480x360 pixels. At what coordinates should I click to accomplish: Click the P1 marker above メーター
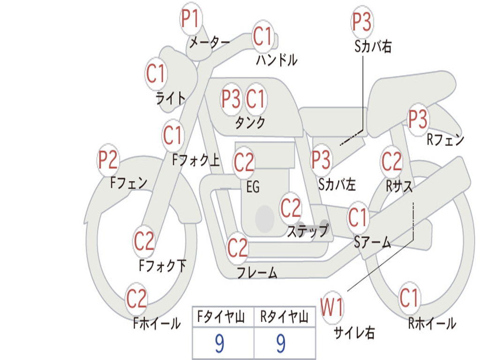pyautogui.click(x=191, y=18)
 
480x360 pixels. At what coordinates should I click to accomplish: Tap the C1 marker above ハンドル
pyautogui.click(x=262, y=36)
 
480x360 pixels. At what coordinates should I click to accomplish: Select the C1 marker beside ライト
pyautogui.click(x=156, y=74)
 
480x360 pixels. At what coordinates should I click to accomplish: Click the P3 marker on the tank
pyautogui.click(x=231, y=99)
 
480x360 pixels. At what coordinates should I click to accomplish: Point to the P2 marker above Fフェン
pyautogui.click(x=108, y=160)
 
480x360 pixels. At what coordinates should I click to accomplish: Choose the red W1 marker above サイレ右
pyautogui.click(x=332, y=307)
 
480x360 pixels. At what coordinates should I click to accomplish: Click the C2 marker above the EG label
pyautogui.click(x=244, y=162)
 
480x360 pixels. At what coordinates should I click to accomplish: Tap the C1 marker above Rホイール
pyautogui.click(x=409, y=298)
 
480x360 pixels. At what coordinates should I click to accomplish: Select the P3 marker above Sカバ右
pyautogui.click(x=362, y=22)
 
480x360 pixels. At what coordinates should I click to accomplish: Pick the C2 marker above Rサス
pyautogui.click(x=391, y=162)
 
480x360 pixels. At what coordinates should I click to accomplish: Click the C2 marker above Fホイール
pyautogui.click(x=136, y=299)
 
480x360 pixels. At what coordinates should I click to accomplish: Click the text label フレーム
pyautogui.click(x=257, y=272)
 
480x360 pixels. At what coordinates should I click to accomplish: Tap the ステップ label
pyautogui.click(x=308, y=231)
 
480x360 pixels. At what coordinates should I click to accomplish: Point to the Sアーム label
pyautogui.click(x=373, y=242)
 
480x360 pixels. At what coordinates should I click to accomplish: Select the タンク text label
pyautogui.click(x=250, y=122)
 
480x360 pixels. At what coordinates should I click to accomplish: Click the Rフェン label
pyautogui.click(x=446, y=140)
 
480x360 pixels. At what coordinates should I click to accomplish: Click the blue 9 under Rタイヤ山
pyautogui.click(x=281, y=343)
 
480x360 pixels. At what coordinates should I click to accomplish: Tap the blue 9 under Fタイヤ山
pyautogui.click(x=219, y=343)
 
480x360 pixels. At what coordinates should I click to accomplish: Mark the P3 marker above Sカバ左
pyautogui.click(x=321, y=160)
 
